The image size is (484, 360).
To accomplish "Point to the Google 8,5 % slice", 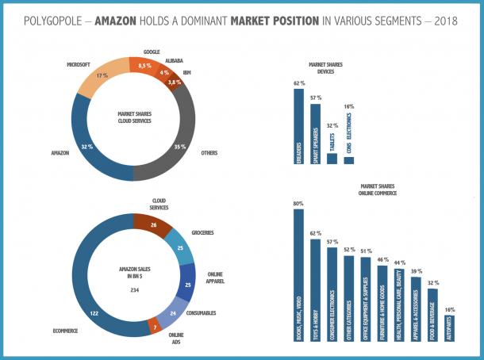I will pyautogui.click(x=145, y=67).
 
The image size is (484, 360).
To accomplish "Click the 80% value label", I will pyautogui.click(x=298, y=205).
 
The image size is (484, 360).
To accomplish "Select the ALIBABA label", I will pyautogui.click(x=175, y=60).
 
